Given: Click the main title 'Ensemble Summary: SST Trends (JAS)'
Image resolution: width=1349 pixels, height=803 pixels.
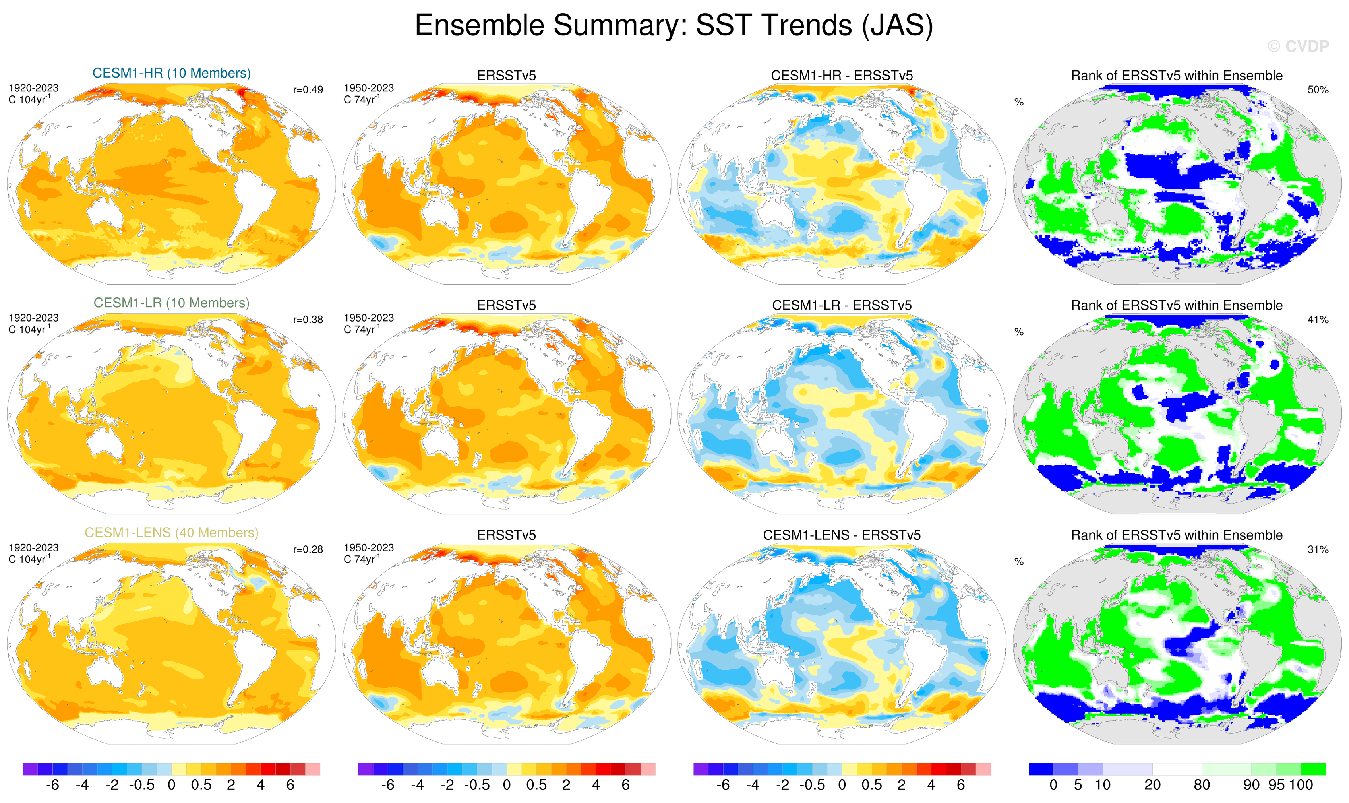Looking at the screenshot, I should (x=674, y=25).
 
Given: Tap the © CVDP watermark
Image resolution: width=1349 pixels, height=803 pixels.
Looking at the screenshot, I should (x=1298, y=47).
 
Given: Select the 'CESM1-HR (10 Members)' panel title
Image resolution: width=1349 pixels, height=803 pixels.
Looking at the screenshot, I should (x=172, y=73).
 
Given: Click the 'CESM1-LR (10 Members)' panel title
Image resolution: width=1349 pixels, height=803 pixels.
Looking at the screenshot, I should (x=172, y=303).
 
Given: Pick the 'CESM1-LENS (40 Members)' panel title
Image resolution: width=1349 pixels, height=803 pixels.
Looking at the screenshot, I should (x=172, y=533).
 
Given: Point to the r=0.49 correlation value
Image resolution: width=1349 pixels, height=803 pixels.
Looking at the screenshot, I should (x=308, y=90).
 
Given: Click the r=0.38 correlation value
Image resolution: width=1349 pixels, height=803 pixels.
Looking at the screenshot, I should (x=308, y=320).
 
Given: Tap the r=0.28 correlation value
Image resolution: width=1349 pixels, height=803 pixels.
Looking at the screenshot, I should (x=308, y=550).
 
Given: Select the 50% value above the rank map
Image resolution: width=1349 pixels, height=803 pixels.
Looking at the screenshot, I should (x=1318, y=90).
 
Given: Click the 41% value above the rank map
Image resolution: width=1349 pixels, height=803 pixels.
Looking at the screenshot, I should (x=1318, y=320).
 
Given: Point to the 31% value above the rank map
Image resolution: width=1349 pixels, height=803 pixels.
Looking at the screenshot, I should (x=1318, y=550).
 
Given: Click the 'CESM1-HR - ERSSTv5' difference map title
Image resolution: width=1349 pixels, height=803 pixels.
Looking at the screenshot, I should (x=842, y=76).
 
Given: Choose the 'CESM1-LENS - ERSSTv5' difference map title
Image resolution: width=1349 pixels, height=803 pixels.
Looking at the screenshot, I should (x=842, y=535).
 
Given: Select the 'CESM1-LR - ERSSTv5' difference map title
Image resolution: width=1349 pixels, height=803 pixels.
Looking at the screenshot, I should (x=842, y=306).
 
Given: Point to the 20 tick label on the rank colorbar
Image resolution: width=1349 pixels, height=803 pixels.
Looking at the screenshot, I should (x=1152, y=785).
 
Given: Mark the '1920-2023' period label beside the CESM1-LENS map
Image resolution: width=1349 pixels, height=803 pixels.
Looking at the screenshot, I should (x=33, y=548).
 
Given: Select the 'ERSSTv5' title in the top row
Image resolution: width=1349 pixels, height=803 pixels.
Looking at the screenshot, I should (x=506, y=76).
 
